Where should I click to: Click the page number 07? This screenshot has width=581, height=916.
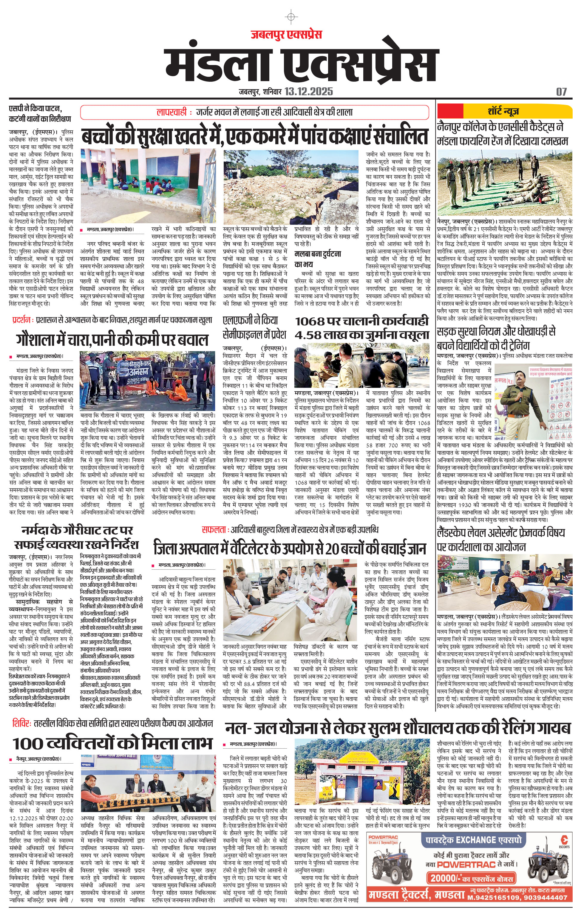561,92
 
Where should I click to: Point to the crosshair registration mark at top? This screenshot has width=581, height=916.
291,17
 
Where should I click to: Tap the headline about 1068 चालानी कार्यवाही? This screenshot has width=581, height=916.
362,328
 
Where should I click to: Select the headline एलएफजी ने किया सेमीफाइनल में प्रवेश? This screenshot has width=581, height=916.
254,328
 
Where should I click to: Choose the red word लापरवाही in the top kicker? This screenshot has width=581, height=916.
172,112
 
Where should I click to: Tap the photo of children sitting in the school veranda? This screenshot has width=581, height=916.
148,186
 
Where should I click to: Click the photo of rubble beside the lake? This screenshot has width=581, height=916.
291,187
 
